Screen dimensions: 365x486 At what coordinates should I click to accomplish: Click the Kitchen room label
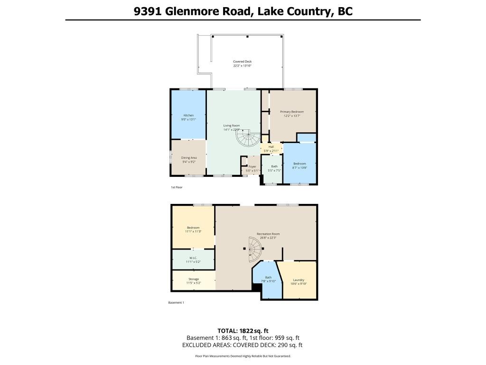pyautogui.click(x=189, y=117)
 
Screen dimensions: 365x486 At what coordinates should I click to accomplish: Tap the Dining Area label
pyautogui.click(x=189, y=159)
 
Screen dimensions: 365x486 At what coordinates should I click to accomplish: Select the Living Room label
pyautogui.click(x=232, y=127)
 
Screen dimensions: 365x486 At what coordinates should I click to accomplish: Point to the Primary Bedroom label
pyautogui.click(x=291, y=114)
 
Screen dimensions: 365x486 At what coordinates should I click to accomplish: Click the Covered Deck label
pyautogui.click(x=242, y=64)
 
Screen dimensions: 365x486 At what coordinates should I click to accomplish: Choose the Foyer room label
pyautogui.click(x=252, y=168)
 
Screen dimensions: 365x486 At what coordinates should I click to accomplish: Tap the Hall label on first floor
pyautogui.click(x=271, y=149)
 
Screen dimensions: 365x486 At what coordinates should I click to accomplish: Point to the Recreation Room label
pyautogui.click(x=268, y=236)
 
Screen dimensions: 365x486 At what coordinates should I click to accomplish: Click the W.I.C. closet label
pyautogui.click(x=193, y=259)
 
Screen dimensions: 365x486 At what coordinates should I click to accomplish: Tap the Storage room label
pyautogui.click(x=193, y=281)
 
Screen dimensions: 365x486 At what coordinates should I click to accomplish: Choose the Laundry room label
pyautogui.click(x=299, y=282)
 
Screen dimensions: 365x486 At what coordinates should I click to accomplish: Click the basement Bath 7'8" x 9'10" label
pyautogui.click(x=269, y=279)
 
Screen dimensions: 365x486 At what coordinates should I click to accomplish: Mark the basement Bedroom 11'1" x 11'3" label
pyautogui.click(x=193, y=229)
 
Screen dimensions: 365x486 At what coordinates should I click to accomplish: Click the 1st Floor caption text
pyautogui.click(x=177, y=188)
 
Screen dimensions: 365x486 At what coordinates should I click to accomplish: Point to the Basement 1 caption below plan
pyautogui.click(x=176, y=303)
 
